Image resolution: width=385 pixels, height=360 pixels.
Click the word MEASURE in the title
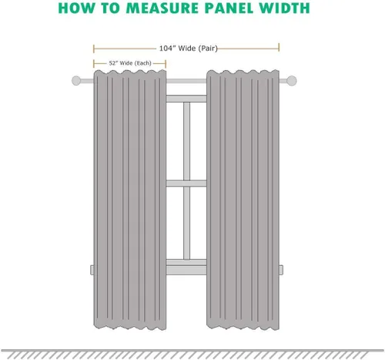[163, 8]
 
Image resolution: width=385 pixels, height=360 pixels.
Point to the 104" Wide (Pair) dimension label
[189, 49]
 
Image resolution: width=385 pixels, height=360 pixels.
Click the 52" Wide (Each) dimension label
[130, 63]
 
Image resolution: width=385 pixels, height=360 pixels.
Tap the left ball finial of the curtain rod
[76, 81]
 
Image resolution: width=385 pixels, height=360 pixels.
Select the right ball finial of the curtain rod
[292, 81]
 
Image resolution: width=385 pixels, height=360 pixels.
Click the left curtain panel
[130, 200]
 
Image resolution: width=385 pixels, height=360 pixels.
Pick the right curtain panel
[243, 200]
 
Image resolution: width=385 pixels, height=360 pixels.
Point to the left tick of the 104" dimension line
[94, 49]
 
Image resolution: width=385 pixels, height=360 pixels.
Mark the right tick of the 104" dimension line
[279, 48]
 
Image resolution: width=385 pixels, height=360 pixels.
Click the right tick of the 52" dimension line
[166, 63]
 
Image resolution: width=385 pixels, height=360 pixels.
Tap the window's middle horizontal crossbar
[186, 183]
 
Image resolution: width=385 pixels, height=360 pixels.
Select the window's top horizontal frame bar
[186, 99]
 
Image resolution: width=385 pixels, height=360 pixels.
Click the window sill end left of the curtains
[92, 270]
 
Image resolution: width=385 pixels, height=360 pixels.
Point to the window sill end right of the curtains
[281, 270]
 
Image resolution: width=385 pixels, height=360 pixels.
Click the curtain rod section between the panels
[186, 81]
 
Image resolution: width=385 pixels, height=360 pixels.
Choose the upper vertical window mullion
[186, 141]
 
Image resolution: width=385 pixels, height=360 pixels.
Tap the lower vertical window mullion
[186, 223]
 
